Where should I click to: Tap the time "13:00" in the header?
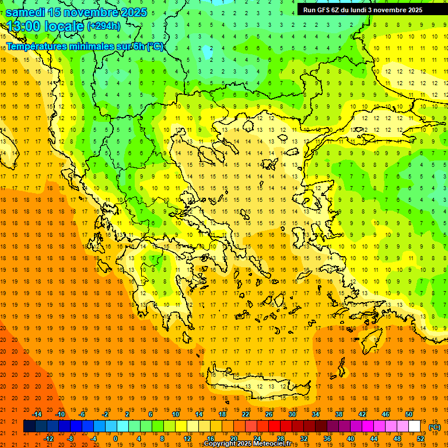(x=24, y=26)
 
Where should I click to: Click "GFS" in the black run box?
(x=325, y=10)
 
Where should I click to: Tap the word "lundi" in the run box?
(x=367, y=10)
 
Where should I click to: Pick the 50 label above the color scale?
(x=409, y=414)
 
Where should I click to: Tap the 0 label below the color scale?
(x=115, y=439)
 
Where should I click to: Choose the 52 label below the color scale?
(x=421, y=439)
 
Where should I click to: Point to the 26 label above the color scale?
(x=269, y=414)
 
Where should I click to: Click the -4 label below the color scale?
(x=93, y=439)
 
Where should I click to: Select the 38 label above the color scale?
(x=339, y=414)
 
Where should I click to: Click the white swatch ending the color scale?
(x=415, y=426)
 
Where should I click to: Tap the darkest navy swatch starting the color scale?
(x=29, y=426)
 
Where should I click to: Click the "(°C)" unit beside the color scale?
(x=435, y=427)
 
